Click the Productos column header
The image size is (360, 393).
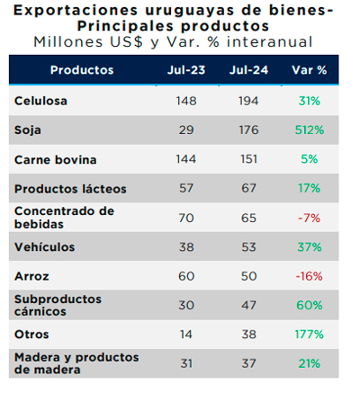(x=82, y=70)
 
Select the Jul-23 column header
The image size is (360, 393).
(x=186, y=70)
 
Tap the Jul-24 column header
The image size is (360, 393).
(x=248, y=70)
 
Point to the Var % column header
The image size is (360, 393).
(x=310, y=70)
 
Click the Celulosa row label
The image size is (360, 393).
(x=40, y=101)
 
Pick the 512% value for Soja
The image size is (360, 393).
(x=310, y=130)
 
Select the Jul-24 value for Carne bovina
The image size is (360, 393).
(x=248, y=159)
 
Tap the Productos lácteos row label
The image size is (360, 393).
(x=70, y=189)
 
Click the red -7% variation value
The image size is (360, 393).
(x=310, y=218)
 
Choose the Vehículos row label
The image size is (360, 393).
(x=44, y=247)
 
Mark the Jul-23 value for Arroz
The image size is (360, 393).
(x=186, y=276)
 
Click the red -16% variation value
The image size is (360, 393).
(x=310, y=276)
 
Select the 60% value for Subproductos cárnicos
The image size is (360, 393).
(x=310, y=305)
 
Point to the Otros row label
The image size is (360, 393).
(x=31, y=335)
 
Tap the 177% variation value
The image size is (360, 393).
(x=310, y=335)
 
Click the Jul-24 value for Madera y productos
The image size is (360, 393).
(x=248, y=363)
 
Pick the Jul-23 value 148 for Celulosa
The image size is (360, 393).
(x=186, y=101)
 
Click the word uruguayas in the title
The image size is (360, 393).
(x=190, y=11)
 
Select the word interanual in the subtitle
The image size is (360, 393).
(x=270, y=41)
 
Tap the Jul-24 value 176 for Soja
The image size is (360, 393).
(x=248, y=130)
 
